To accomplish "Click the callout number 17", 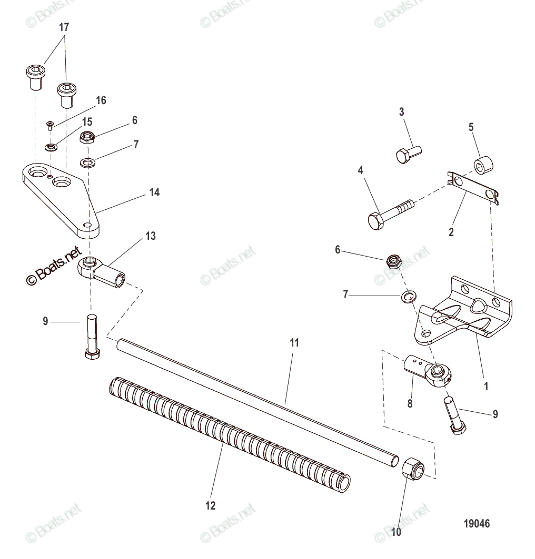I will pyautogui.click(x=64, y=28).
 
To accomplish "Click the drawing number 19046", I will pyautogui.click(x=477, y=524).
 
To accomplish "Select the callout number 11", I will pyautogui.click(x=294, y=343).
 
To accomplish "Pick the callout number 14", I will pyautogui.click(x=154, y=193).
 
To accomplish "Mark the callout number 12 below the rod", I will pyautogui.click(x=211, y=506).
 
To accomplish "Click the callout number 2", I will pyautogui.click(x=451, y=231).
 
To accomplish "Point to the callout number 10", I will pyautogui.click(x=396, y=533).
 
